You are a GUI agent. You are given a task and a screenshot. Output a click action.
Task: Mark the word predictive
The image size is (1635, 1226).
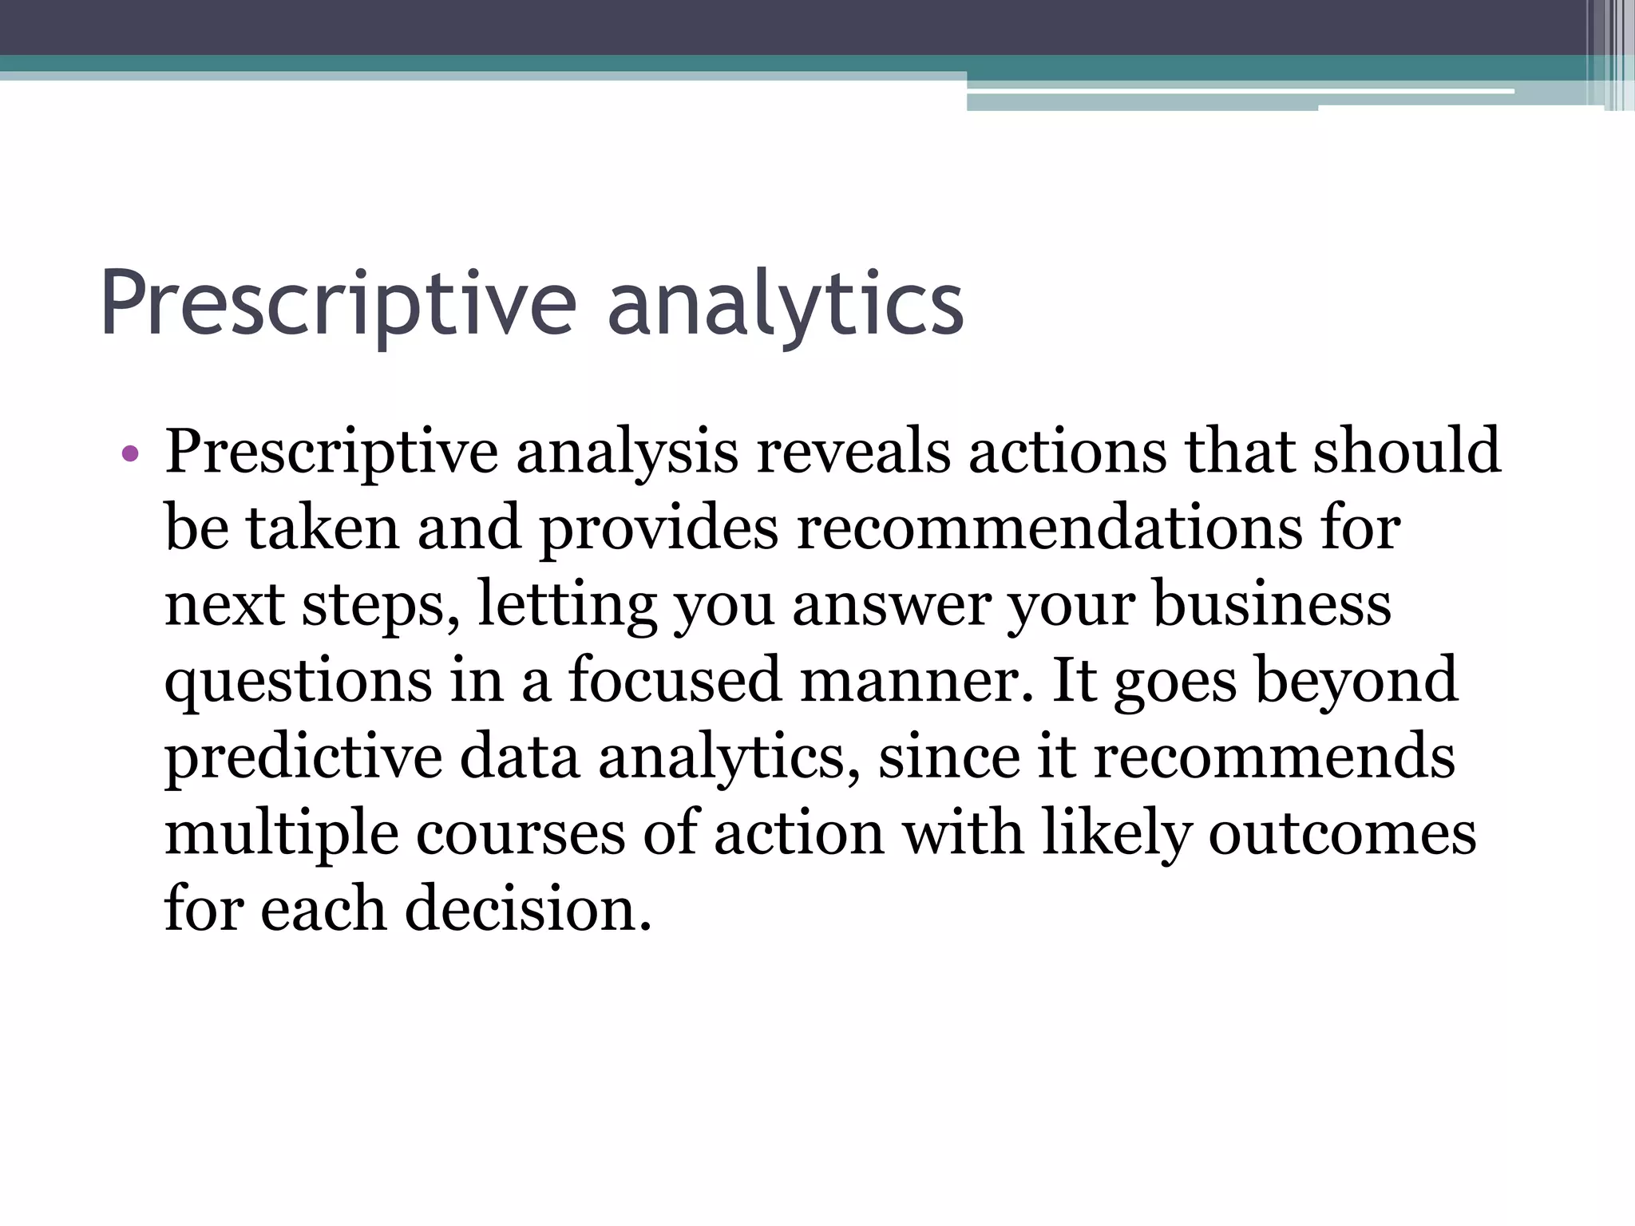tap(303, 757)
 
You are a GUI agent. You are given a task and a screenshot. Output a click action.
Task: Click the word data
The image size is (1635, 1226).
tap(519, 756)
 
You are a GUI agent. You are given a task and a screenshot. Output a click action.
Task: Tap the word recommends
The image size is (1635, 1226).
tap(1274, 756)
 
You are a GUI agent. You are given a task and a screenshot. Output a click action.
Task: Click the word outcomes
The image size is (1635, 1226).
tap(1342, 832)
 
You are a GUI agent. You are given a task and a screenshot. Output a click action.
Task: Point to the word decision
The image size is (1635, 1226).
tap(528, 909)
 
